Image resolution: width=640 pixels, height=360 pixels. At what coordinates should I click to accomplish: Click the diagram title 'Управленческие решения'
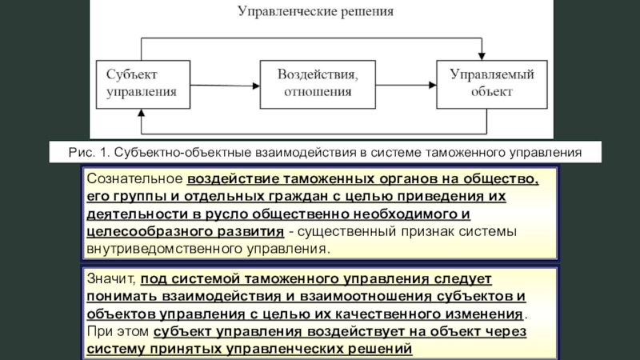click(x=315, y=11)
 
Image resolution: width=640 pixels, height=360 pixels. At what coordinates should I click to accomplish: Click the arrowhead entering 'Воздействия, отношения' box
click(x=256, y=86)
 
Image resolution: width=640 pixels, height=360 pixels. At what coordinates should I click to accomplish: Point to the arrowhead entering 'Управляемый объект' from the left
click(x=433, y=85)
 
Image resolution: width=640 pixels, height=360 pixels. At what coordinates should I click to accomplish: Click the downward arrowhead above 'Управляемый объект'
click(x=482, y=56)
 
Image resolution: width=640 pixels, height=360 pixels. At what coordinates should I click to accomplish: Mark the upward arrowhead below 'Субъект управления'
click(x=142, y=113)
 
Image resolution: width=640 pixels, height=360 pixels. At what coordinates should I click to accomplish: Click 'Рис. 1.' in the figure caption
click(x=90, y=153)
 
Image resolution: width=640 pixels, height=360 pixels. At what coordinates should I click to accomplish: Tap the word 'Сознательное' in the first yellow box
click(x=134, y=178)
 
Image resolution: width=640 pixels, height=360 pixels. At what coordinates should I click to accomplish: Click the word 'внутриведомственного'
click(x=164, y=249)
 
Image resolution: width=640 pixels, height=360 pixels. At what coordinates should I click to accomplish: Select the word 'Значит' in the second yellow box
click(x=110, y=278)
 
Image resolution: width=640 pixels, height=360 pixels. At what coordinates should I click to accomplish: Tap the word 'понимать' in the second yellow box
click(x=122, y=296)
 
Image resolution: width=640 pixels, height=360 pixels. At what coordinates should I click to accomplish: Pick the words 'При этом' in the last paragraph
click(x=118, y=331)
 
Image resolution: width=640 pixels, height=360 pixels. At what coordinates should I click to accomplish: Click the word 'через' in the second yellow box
click(x=506, y=331)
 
